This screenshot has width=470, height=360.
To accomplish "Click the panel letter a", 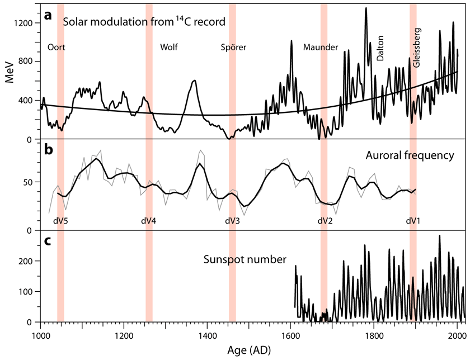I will [48, 16].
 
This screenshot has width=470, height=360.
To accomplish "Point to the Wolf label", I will [168, 48].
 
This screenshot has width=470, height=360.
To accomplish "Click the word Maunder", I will [320, 48].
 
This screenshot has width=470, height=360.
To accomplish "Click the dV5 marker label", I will [60, 220].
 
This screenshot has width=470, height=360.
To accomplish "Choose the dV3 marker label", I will [232, 220].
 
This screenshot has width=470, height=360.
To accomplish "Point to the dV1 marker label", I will [413, 220].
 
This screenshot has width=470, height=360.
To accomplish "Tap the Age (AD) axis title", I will [250, 350].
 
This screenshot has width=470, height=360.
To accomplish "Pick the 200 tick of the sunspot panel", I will [26, 261].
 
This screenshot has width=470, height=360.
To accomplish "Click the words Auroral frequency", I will [414, 155].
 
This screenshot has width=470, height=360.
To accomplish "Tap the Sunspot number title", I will [245, 259].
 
